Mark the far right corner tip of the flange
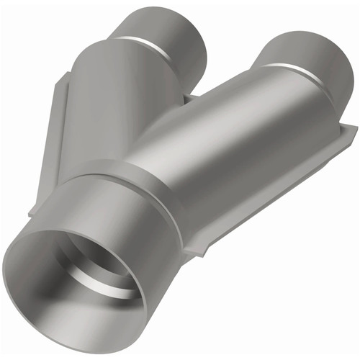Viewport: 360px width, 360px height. [356, 129]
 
